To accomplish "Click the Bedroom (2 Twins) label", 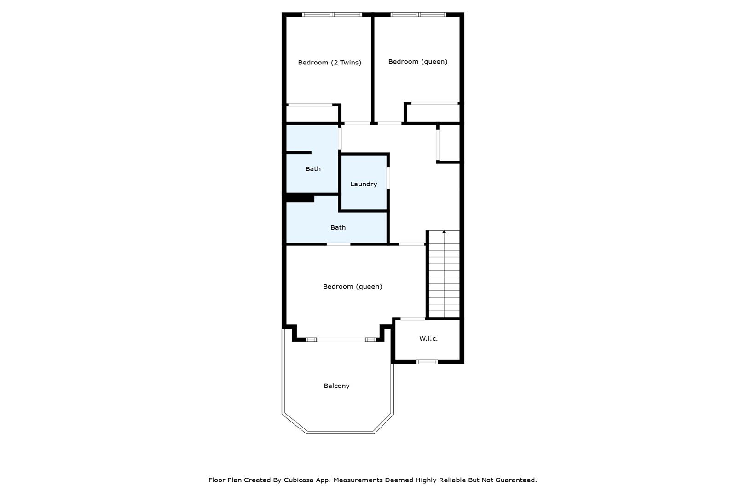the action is (330, 62).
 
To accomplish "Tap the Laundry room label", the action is (364, 184).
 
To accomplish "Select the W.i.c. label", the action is (428, 338).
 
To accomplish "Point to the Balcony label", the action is (336, 386).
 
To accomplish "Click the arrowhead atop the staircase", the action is (444, 231).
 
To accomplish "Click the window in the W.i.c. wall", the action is (427, 362).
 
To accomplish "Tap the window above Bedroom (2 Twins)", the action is (332, 15).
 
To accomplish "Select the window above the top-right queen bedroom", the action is (418, 15).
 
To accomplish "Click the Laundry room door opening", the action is (388, 178).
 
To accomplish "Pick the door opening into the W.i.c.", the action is (413, 319).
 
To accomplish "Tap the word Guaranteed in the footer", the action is (516, 480).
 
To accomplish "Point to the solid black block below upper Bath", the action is (300, 198).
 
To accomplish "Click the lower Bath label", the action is (338, 227).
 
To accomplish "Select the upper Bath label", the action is (313, 169).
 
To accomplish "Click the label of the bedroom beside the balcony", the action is (353, 287).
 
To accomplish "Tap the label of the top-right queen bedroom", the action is (417, 61).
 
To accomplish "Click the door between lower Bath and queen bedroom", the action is (338, 244).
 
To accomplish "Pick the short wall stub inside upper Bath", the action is (299, 153).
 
